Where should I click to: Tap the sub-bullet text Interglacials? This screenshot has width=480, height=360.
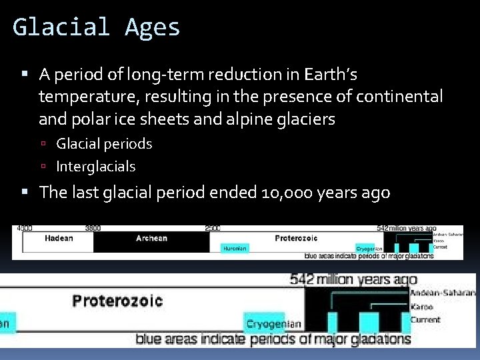[95, 166]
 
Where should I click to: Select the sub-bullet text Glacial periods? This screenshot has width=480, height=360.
[104, 143]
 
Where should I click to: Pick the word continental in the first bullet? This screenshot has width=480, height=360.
[399, 97]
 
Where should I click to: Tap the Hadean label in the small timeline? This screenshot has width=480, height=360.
[59, 238]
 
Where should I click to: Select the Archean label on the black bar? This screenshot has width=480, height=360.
[151, 238]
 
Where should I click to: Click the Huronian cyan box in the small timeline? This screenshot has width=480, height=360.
[234, 248]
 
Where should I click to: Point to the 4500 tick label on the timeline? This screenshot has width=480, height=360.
[25, 228]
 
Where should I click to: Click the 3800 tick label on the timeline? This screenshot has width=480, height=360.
[93, 228]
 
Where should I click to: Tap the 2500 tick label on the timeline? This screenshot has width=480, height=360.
[213, 228]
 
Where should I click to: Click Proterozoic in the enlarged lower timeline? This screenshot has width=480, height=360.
[117, 301]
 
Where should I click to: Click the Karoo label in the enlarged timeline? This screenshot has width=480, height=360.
[421, 307]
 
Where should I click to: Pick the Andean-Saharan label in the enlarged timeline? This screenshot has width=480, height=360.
[443, 293]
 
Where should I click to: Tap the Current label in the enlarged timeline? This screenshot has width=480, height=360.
[425, 320]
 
